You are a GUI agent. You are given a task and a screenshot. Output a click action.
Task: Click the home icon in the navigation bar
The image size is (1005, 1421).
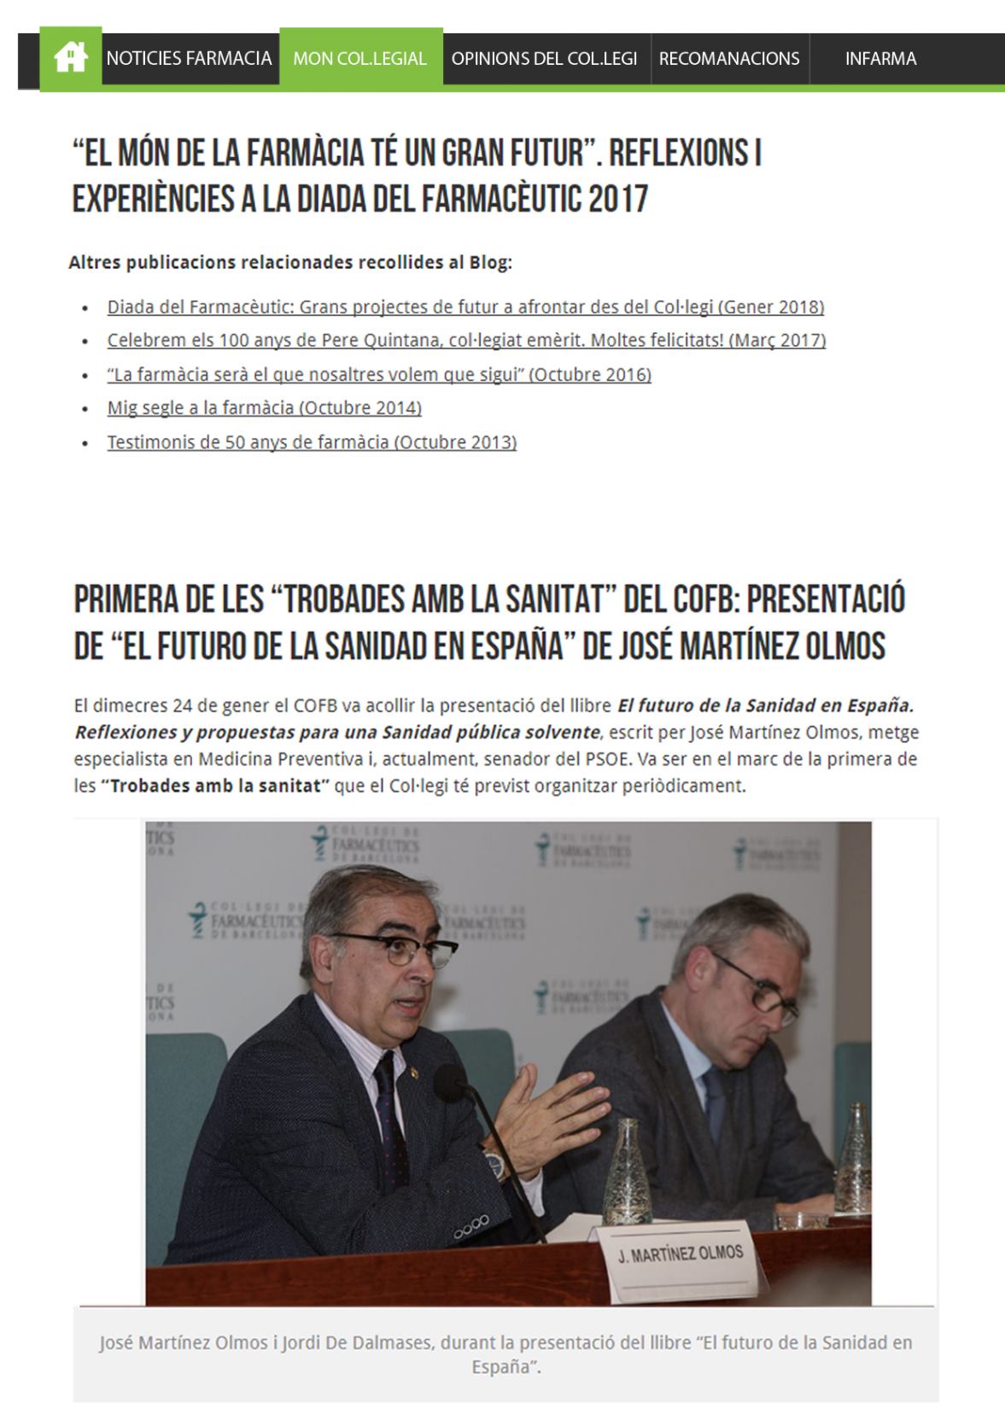[70, 58]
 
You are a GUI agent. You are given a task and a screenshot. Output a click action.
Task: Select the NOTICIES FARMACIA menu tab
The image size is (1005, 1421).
[189, 58]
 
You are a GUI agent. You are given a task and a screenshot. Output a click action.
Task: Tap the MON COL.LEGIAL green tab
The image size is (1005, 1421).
[359, 58]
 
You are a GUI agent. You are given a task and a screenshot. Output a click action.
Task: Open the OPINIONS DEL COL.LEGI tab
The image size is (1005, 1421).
[544, 58]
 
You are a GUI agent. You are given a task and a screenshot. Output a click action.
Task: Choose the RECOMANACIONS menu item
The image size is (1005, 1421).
[729, 58]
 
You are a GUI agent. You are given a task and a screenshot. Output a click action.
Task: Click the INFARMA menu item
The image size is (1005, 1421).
[880, 58]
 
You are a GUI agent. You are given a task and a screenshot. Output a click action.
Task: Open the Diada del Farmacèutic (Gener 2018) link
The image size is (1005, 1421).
[465, 307]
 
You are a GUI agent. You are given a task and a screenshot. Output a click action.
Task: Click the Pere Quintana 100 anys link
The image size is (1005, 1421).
[466, 340]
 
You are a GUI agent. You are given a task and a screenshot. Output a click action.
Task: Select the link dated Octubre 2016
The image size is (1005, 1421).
[379, 374]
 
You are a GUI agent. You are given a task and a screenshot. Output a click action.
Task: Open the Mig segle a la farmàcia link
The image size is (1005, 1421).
[264, 408]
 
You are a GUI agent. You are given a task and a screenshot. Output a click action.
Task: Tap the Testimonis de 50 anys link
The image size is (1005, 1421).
[312, 442]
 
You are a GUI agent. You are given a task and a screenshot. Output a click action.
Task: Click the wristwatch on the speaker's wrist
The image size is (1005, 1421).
[494, 1161]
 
